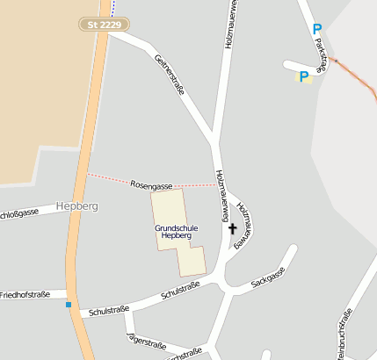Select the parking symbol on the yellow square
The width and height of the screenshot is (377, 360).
point(304,77)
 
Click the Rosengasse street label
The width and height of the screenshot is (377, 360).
point(150,185)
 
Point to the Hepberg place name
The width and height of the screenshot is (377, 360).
point(76,205)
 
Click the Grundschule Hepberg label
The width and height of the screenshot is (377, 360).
point(176,232)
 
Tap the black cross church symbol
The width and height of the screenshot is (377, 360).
point(233,230)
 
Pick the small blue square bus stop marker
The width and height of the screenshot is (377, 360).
point(69,305)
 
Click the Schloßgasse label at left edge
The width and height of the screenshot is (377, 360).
point(18,213)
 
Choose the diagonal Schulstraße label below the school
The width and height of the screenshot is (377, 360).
point(180,291)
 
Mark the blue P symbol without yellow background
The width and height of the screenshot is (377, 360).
point(317,30)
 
